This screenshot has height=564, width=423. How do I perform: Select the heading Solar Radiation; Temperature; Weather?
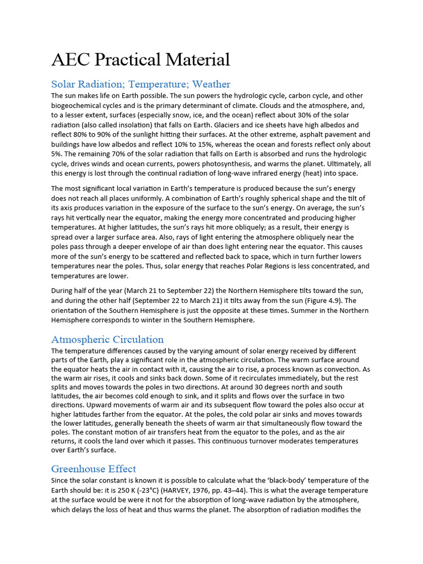(140, 84)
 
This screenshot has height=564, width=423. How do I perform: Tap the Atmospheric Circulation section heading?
(107, 339)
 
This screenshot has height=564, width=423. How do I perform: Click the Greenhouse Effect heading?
(94, 469)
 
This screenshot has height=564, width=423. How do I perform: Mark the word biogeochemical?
(79, 105)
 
